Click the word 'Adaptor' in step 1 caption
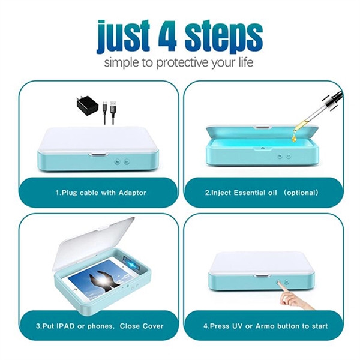pyautogui.click(x=130, y=193)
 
